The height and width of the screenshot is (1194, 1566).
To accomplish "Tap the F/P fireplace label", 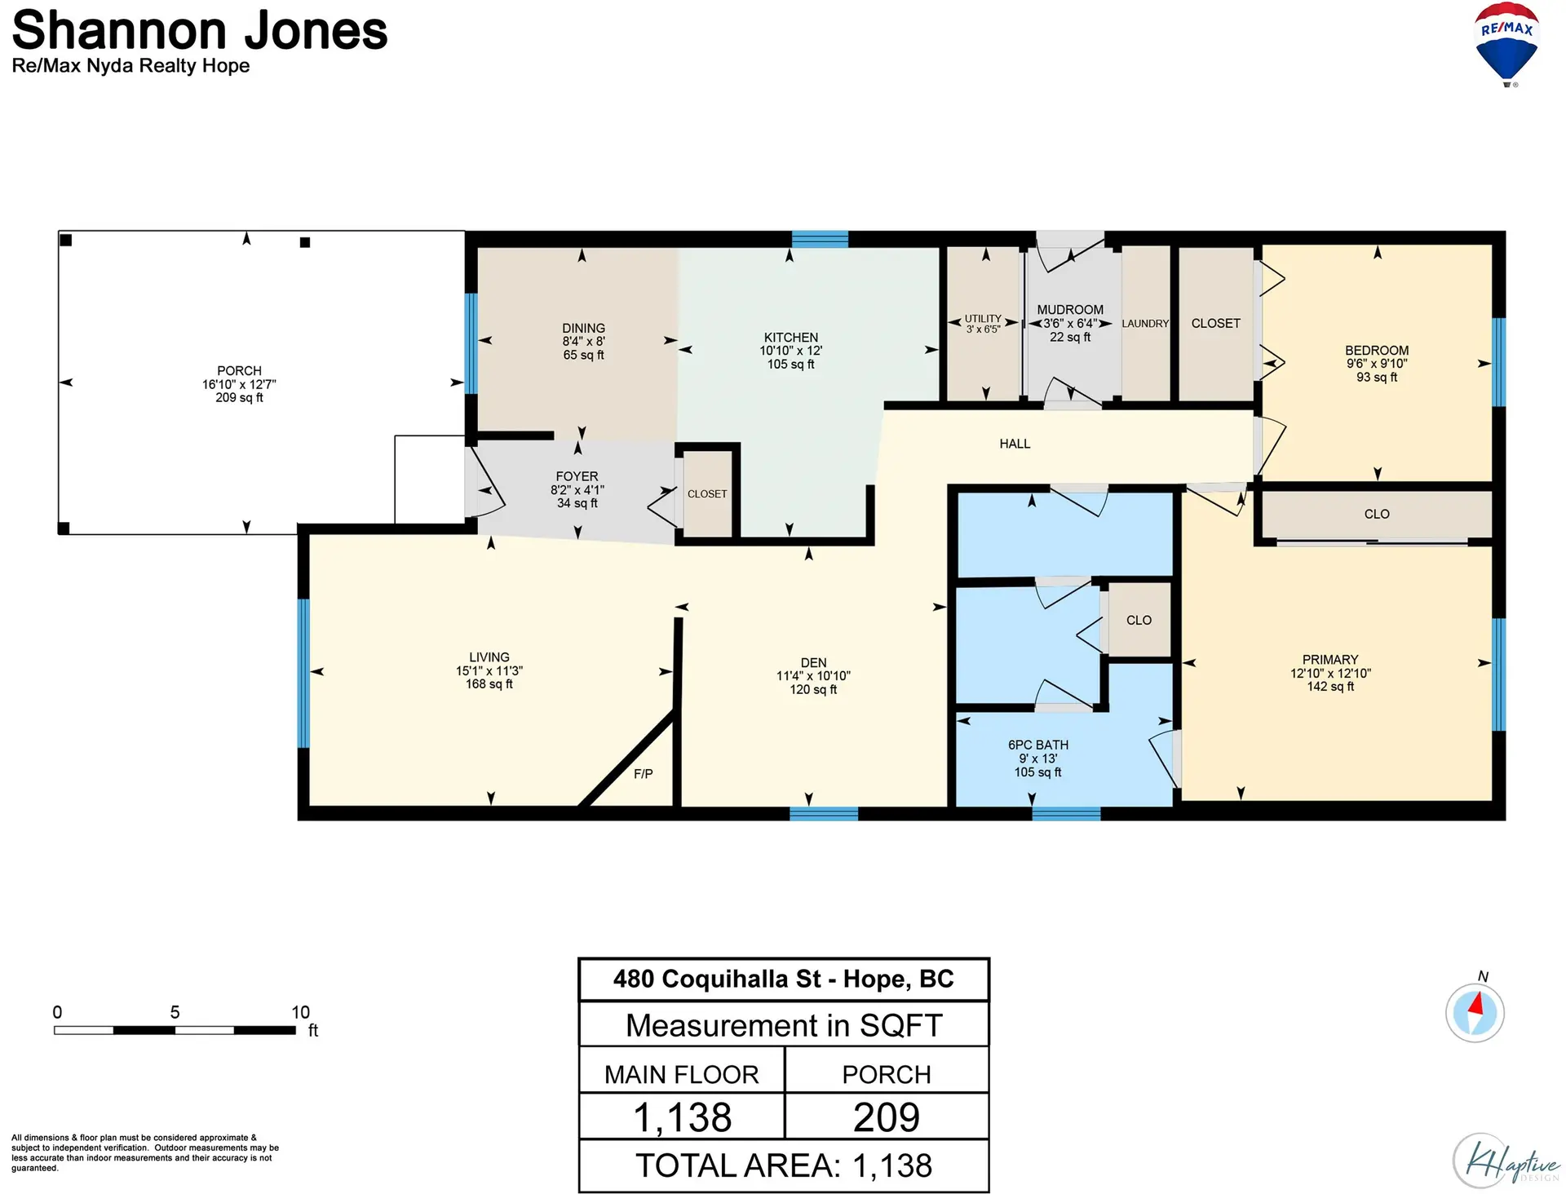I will click(643, 774).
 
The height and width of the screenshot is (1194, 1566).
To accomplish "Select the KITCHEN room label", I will click(790, 338).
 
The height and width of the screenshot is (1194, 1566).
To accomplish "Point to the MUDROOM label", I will click(1069, 310).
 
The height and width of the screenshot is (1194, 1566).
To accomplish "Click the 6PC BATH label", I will click(1037, 745).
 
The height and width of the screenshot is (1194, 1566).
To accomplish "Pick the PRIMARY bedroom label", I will click(1329, 660).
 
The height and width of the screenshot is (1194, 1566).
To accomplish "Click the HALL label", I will click(1015, 444).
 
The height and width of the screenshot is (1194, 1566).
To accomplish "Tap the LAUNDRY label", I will click(1145, 324).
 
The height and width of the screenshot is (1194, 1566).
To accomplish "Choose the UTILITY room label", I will click(983, 319).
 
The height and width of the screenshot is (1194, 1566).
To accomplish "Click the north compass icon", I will click(1475, 1012).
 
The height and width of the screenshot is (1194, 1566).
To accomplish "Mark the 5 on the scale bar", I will click(175, 1012).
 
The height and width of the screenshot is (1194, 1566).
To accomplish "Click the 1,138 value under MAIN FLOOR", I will click(682, 1117).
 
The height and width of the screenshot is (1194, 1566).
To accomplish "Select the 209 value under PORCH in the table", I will click(887, 1117).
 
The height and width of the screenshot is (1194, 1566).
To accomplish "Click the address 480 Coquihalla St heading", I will click(783, 979).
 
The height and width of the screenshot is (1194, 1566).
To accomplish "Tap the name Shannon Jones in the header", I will click(200, 31).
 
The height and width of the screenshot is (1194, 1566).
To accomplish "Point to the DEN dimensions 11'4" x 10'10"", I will click(813, 676).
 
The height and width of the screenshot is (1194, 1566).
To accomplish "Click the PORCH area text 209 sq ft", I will click(239, 398).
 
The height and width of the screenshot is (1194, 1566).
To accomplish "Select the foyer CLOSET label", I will click(706, 494).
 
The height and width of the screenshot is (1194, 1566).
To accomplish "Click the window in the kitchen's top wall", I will click(820, 239).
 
